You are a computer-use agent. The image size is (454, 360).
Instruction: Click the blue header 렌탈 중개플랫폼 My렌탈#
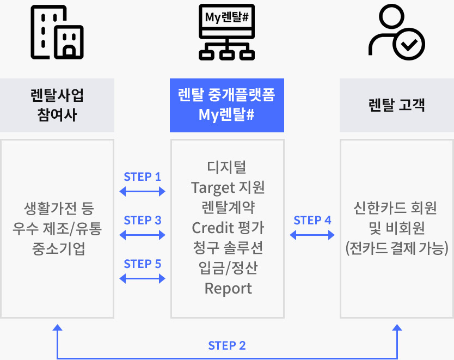[226, 105]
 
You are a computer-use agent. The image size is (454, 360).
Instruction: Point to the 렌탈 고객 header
[396, 105]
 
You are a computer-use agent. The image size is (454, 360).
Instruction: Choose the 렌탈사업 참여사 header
[57, 105]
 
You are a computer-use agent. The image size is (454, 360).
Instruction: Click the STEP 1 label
[143, 177]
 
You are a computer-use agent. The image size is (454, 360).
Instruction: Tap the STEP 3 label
[143, 221]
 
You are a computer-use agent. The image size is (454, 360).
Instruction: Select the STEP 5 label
[143, 264]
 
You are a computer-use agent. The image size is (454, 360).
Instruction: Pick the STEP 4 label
[312, 221]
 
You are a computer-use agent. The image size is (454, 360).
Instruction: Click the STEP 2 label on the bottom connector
[227, 346]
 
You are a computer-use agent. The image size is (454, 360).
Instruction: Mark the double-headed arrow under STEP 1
[142, 191]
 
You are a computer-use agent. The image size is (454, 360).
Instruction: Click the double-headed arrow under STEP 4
[312, 235]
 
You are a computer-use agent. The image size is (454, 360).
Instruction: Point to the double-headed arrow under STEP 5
[142, 278]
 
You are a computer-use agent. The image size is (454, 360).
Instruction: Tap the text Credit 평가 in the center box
[228, 227]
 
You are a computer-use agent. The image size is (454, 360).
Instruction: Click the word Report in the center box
[228, 288]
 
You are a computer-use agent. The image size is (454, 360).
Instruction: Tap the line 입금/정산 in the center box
[228, 268]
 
